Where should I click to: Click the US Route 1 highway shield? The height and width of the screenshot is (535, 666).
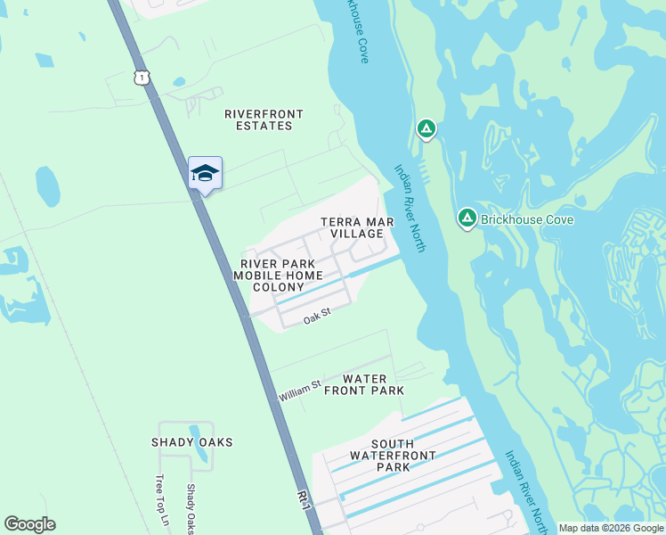(142, 78)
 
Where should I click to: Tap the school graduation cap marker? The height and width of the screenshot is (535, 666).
(205, 173)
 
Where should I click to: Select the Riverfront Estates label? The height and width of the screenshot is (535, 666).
(264, 119)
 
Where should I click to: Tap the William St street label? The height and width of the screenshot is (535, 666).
(299, 391)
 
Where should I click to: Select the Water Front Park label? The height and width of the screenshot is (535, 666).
(364, 385)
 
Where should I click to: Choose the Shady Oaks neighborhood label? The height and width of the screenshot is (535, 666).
(192, 442)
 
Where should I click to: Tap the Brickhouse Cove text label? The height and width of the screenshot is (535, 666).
(527, 219)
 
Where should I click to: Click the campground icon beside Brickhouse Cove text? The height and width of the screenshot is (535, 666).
(467, 218)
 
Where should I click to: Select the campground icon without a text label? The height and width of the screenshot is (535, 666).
(426, 130)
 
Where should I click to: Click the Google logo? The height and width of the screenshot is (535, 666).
(29, 524)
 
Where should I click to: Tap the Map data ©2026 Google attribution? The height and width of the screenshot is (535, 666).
(611, 528)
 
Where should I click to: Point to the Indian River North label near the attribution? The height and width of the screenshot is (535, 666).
(525, 487)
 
